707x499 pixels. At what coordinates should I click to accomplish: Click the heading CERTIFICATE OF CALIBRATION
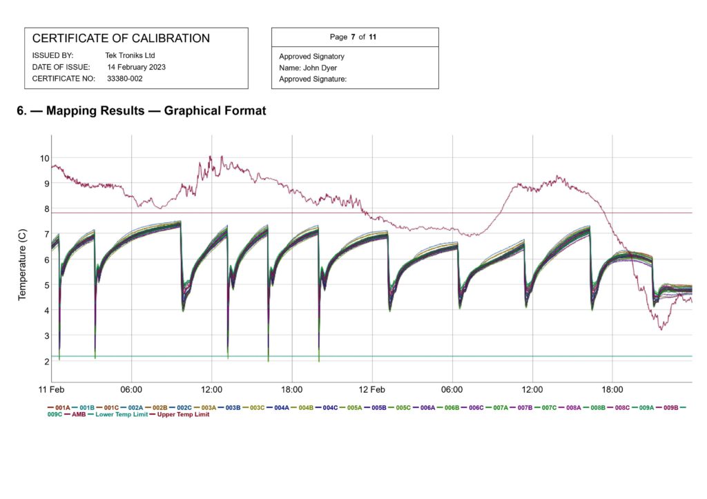pos(121,39)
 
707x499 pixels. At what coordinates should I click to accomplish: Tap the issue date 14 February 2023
pos(136,67)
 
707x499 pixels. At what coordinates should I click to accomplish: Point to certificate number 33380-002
pos(125,79)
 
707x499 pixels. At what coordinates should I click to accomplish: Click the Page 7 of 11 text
pos(353,37)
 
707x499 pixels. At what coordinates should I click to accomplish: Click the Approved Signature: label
pos(312,79)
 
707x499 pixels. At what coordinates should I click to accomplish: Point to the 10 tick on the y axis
pos(43,158)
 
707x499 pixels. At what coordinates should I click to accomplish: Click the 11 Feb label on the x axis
pos(52,389)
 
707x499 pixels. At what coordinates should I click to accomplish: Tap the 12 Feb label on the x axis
pos(372,389)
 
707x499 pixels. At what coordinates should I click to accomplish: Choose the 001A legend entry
pos(63,408)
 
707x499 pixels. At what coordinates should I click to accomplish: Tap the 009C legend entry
pos(55,415)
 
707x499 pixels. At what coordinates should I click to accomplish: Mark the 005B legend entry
pos(378,408)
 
